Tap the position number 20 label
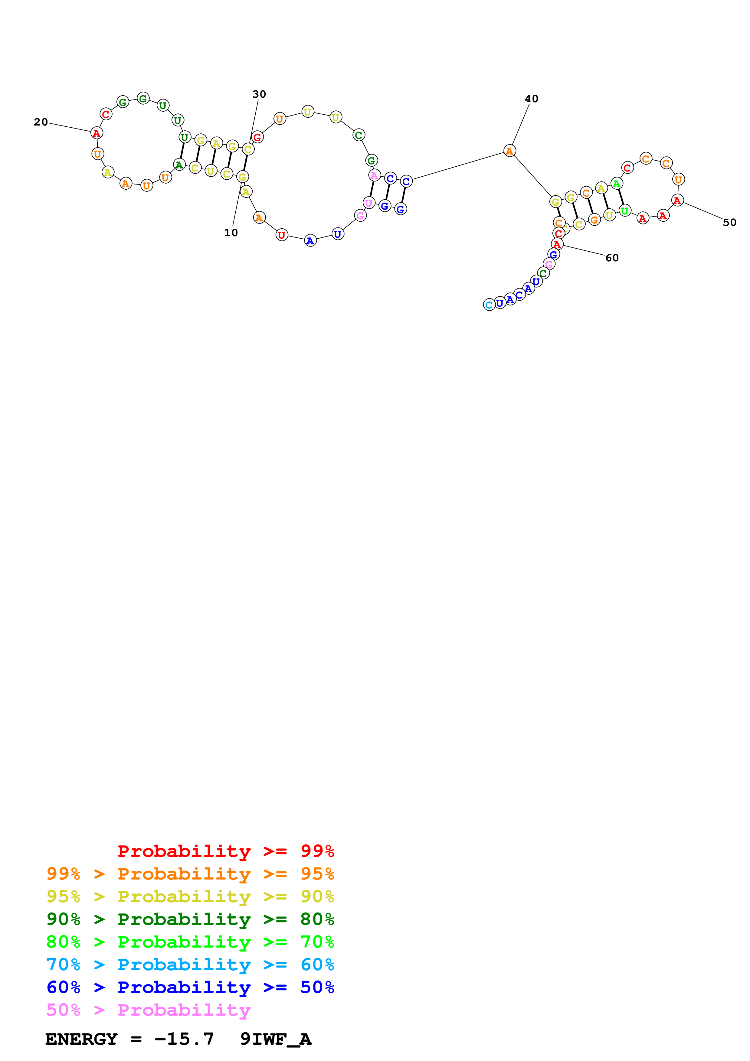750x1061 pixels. pos(41,122)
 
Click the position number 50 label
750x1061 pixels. pos(729,223)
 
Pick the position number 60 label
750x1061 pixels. pos(611,258)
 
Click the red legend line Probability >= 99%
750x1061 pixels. pos(225,851)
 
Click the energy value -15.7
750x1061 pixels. pos(184,1039)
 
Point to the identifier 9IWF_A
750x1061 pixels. pos(276,1039)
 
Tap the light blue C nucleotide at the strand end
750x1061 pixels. pos(489,305)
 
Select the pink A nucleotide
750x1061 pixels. pos(374,176)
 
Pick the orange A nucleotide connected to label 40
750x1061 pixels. pos(509,151)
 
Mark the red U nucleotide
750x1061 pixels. pos(281,235)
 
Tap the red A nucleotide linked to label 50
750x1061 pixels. pos(677,201)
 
